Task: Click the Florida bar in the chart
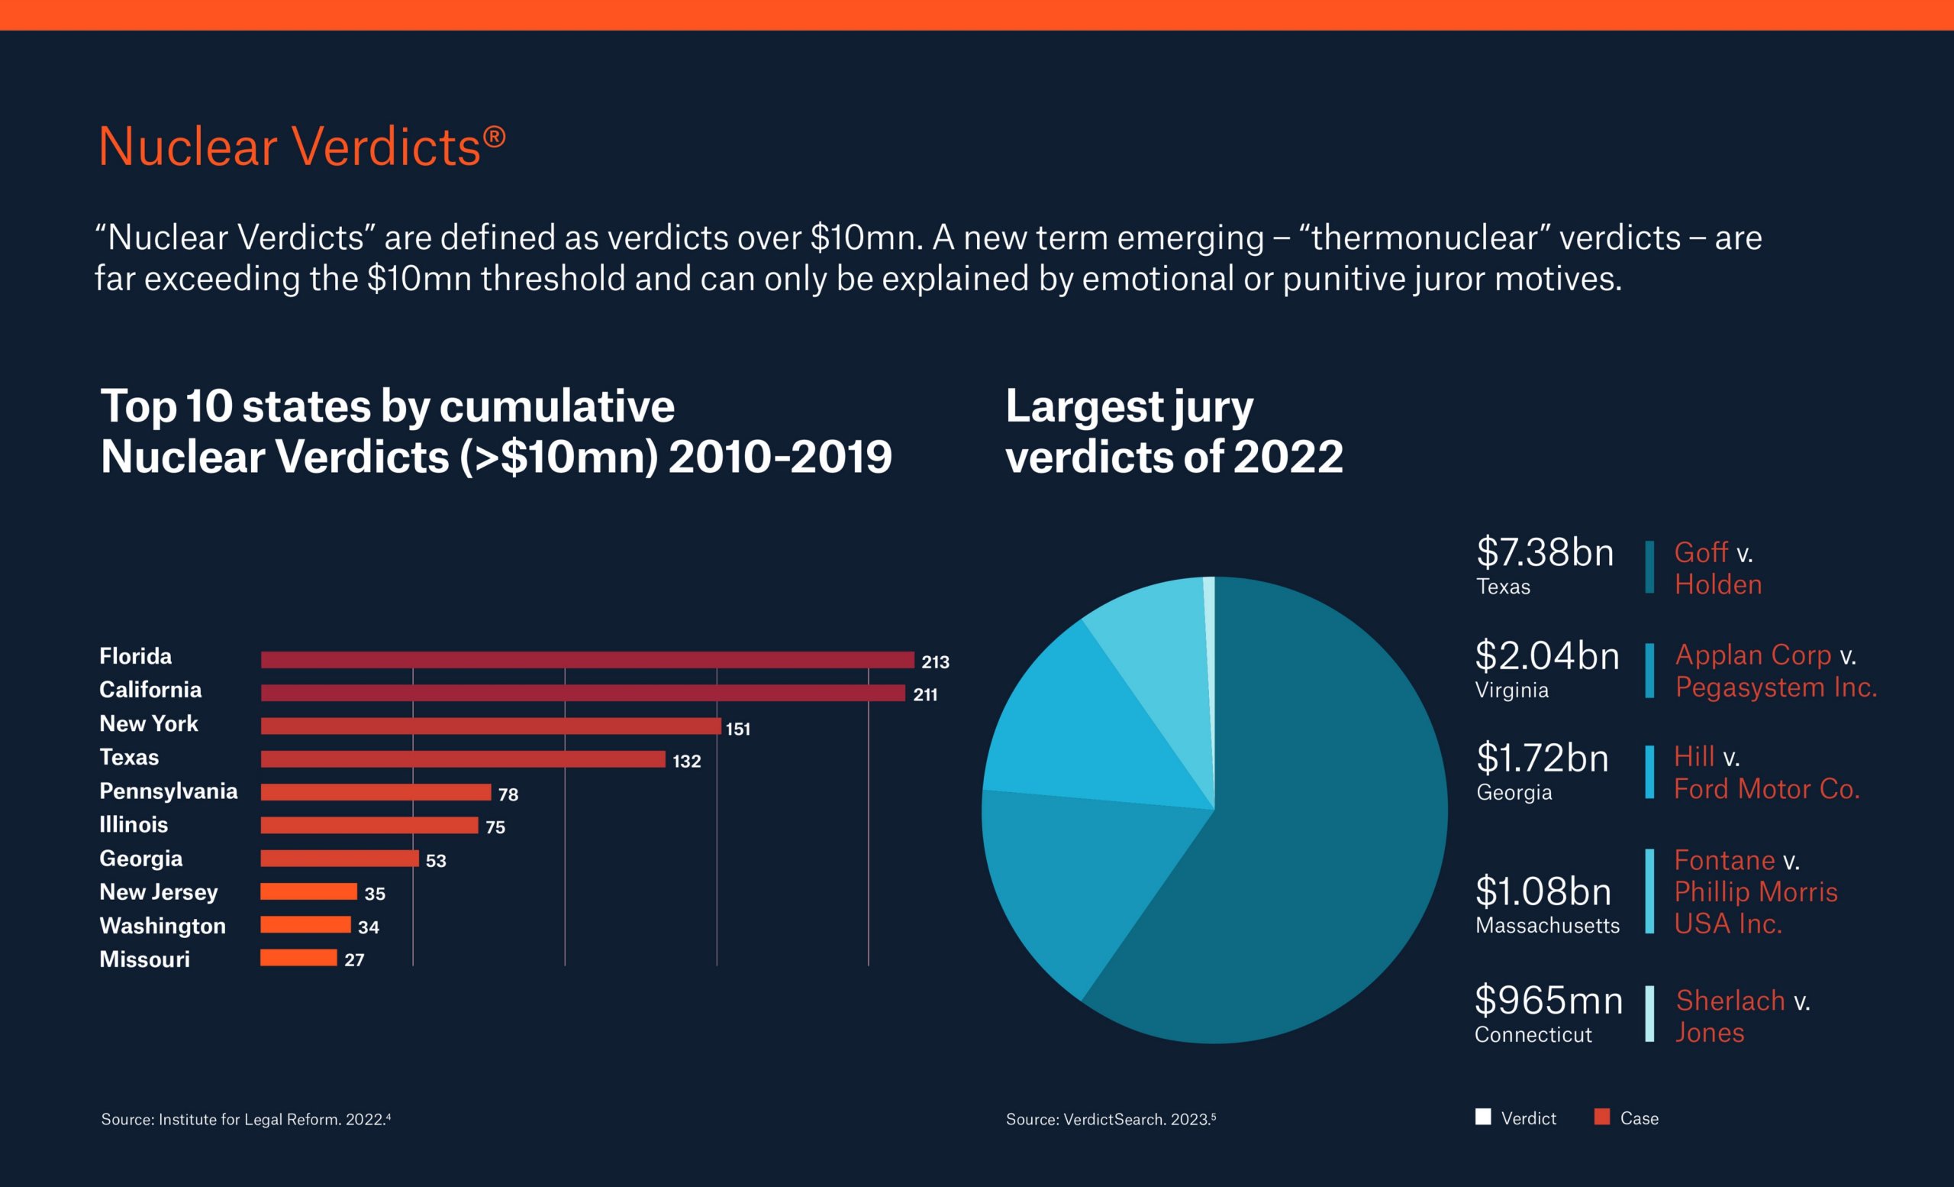click(587, 659)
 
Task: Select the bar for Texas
click(463, 759)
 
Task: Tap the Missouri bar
click(298, 958)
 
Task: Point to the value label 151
click(737, 729)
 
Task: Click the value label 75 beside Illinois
click(495, 826)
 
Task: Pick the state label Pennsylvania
click(168, 791)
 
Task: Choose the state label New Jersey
click(158, 892)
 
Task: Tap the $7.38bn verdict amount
click(1544, 552)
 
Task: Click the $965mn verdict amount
click(1548, 1000)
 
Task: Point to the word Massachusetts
click(1547, 925)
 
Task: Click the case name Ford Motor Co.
click(1766, 789)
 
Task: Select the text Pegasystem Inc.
click(1775, 687)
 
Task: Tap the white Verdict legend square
click(1483, 1117)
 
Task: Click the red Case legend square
click(1602, 1117)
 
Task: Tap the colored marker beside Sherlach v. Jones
click(1649, 1014)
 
